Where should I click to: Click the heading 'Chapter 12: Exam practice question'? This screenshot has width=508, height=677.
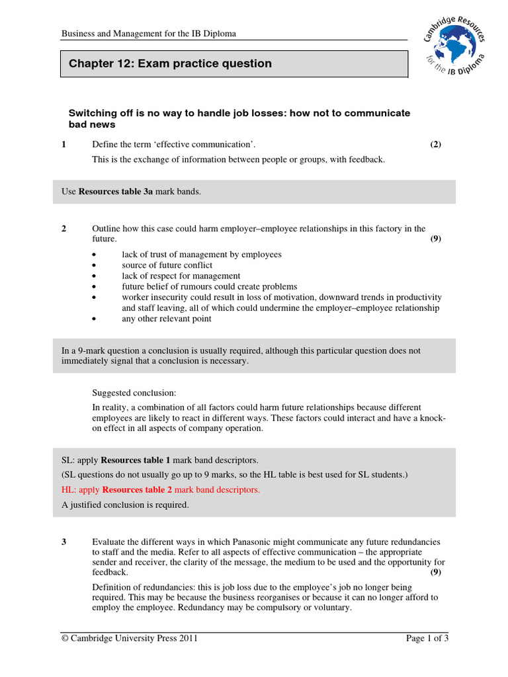[170, 64]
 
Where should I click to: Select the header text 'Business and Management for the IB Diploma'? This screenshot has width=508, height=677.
[149, 33]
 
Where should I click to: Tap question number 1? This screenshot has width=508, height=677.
[63, 144]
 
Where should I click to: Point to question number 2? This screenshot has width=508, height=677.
[63, 229]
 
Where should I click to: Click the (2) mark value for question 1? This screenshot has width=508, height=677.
[435, 144]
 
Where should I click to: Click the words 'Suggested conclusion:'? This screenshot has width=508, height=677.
[134, 393]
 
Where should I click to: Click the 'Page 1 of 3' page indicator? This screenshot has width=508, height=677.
[427, 638]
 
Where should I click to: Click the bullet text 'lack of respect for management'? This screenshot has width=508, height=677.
[181, 276]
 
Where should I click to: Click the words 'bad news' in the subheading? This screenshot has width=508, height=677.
[92, 124]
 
